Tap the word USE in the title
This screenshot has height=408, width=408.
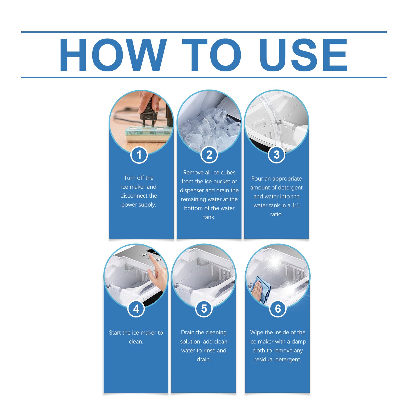tap(303, 55)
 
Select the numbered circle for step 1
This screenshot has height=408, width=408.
tap(139, 155)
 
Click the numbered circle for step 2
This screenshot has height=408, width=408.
tap(209, 155)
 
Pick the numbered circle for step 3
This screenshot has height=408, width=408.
tap(276, 155)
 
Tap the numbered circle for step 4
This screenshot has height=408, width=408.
tap(136, 309)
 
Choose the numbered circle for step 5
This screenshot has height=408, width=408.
tap(204, 309)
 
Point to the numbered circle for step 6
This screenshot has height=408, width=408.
tap(278, 309)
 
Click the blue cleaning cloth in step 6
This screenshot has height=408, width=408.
tap(261, 289)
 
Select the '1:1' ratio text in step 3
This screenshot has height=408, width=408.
tap(296, 205)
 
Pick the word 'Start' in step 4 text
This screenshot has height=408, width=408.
tap(115, 333)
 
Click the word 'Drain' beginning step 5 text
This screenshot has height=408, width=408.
tap(188, 332)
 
